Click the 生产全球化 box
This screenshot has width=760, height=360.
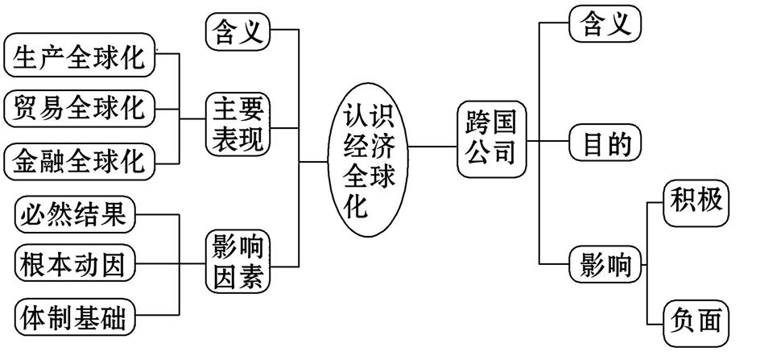coord(78,57)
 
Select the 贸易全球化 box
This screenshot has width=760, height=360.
coord(78,108)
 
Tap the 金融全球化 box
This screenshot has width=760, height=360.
coord(78,161)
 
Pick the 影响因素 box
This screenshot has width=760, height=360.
coord(237,261)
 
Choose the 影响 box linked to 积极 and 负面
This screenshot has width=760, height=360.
coord(605,263)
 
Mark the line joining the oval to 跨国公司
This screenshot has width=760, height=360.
coord(432,147)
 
